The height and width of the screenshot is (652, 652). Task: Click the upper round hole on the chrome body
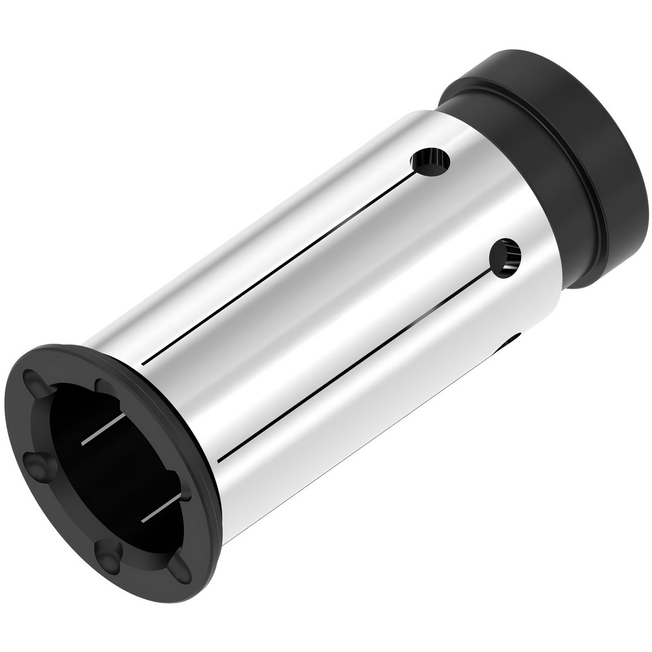(x=431, y=162)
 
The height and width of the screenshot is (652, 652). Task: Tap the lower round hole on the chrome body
(x=507, y=258)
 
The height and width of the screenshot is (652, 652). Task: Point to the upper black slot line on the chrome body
(x=280, y=267)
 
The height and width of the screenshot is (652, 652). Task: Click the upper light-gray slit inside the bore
(x=103, y=430)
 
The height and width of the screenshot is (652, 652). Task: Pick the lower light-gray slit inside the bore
(x=160, y=507)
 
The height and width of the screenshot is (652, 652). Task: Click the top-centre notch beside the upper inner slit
(x=104, y=390)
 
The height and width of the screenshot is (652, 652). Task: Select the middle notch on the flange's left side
(x=40, y=464)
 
